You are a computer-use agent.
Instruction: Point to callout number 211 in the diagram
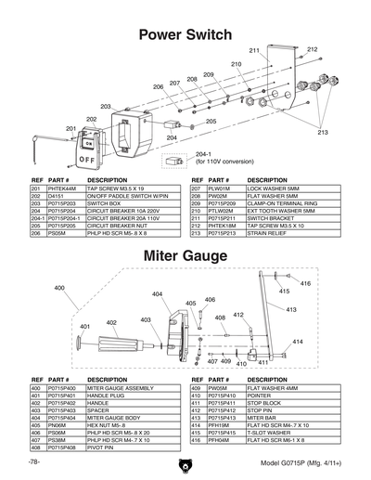(254, 49)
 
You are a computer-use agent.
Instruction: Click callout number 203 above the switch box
(106, 107)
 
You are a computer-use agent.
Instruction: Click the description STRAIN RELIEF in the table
(268, 235)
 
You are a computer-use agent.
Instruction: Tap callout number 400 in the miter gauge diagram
(59, 289)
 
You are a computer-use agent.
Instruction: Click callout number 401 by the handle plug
(84, 327)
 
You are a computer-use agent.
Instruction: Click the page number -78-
(34, 461)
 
